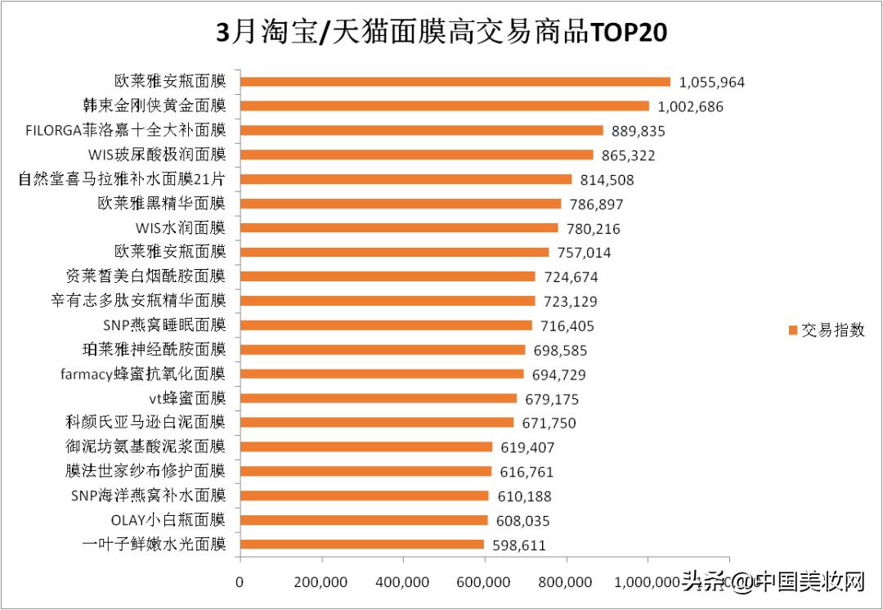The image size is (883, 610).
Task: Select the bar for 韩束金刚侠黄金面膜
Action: coord(445,106)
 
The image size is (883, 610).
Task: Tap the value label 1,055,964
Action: coord(712,83)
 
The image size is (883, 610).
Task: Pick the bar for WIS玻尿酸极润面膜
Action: coord(417,155)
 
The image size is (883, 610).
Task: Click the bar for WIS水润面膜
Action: coord(399,228)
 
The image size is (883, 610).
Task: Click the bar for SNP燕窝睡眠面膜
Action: coord(386,325)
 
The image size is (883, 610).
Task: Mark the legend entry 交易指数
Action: coord(826,330)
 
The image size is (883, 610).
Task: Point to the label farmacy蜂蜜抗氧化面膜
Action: coord(143,375)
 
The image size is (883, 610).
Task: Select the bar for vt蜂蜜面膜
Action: coord(379,398)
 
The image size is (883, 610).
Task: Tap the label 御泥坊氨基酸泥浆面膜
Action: coord(145,446)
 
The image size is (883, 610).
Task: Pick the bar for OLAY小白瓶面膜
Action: coord(364,520)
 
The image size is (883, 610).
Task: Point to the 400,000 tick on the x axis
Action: coord(403,582)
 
